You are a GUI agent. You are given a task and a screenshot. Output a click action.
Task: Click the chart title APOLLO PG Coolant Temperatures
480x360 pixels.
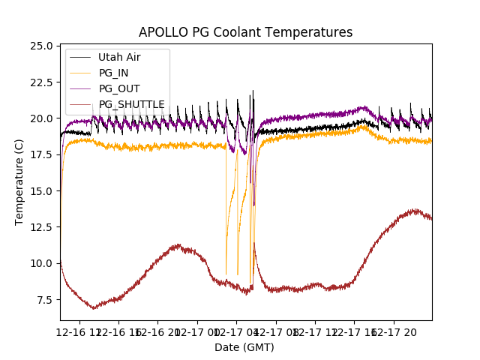[x=245, y=32]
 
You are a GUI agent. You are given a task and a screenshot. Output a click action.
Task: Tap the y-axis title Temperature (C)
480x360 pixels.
[x=19, y=182]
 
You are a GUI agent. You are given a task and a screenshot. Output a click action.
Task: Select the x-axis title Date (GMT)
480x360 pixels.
[x=244, y=347]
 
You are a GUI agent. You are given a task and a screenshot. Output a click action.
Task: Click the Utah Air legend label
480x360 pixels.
[x=118, y=57]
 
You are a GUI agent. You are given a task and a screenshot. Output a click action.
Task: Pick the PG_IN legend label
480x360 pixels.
[x=114, y=73]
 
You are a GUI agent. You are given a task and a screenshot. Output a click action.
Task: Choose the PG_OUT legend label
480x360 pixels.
[x=119, y=88]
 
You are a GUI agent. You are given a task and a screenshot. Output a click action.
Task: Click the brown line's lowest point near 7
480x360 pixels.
[x=94, y=308]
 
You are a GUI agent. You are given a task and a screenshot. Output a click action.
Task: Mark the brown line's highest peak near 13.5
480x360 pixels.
[x=415, y=210]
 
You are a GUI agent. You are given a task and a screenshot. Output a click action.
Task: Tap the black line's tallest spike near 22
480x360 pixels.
[x=253, y=91]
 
